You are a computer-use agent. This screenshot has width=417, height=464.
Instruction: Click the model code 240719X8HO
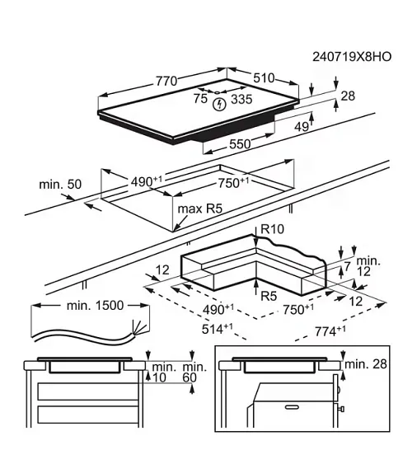352,57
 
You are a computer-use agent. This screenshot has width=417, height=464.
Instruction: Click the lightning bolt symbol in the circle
218,103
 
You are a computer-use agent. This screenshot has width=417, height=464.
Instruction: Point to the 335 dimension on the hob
241,100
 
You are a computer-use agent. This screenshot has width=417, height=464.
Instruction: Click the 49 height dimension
301,126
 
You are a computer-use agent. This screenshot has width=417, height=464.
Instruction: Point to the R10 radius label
273,229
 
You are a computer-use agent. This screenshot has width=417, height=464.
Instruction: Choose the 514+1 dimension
216,328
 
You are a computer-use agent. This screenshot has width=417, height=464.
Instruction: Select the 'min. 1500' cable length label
94,305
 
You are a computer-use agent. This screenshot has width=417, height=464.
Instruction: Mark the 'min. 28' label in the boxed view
368,363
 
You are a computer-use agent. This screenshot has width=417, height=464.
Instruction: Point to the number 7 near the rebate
348,266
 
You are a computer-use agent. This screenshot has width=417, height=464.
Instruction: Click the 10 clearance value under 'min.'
160,377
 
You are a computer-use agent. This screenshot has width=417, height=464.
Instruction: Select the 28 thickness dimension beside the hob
347,96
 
